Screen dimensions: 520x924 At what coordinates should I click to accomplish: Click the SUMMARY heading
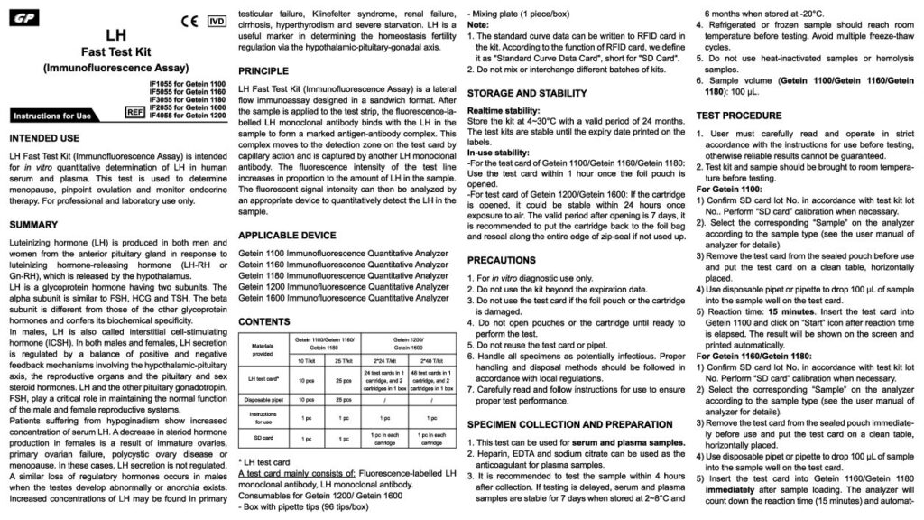tap(34, 225)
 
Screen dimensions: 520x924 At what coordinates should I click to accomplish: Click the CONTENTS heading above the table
tap(264, 321)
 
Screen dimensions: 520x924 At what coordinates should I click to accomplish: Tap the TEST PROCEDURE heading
tap(739, 116)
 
